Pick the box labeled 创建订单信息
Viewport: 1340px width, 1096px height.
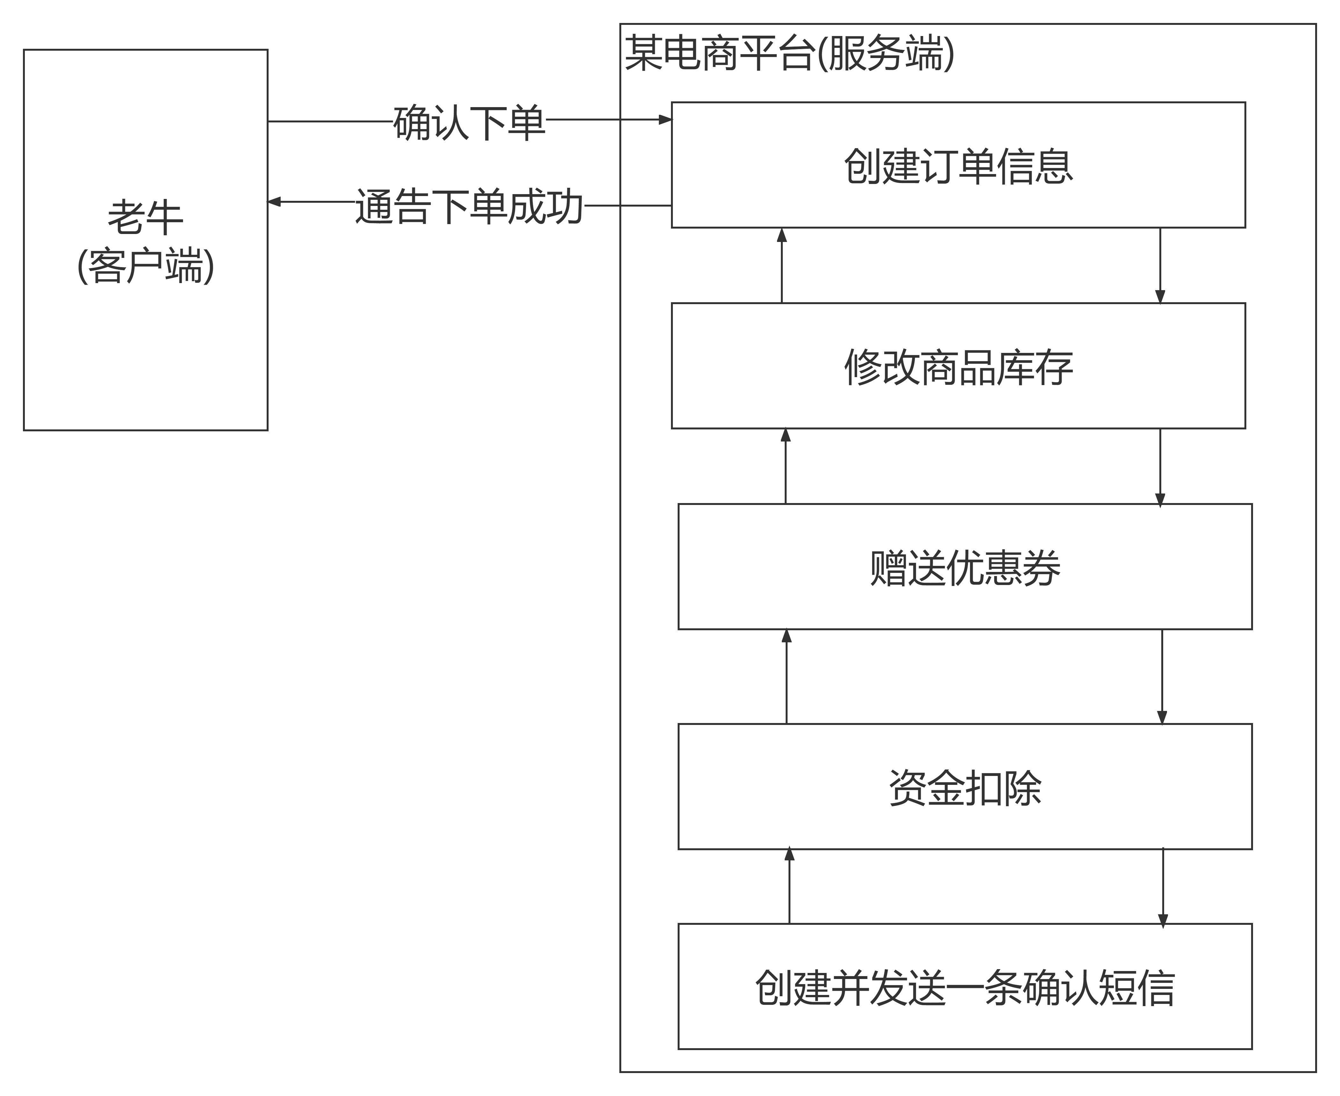pos(958,165)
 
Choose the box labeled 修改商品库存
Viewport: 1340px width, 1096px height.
pos(958,366)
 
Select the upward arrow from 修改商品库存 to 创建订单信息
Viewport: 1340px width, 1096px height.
pos(782,265)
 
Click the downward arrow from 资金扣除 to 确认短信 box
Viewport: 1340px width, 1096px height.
pos(1163,887)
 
